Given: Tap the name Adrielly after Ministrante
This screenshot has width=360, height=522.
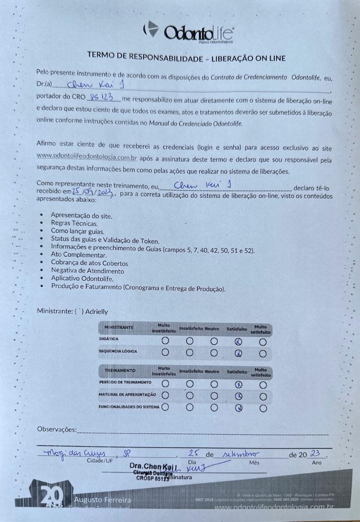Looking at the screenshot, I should [x=97, y=311].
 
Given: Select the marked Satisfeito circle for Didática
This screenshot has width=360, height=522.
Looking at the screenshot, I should [x=238, y=341].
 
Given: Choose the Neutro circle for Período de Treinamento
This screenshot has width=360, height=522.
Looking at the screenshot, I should [x=214, y=383].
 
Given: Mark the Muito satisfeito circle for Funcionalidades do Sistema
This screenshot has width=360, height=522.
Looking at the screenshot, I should [x=263, y=408].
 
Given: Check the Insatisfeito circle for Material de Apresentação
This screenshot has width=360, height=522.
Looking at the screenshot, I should [x=189, y=396].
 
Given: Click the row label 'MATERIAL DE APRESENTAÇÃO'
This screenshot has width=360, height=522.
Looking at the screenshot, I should [x=127, y=395].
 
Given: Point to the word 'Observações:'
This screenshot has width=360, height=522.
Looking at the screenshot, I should [x=57, y=430].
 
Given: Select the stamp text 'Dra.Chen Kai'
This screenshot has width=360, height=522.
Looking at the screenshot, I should [x=153, y=466].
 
